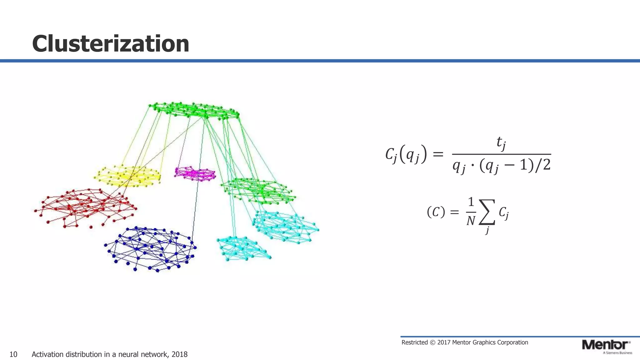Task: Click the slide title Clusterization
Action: tap(111, 44)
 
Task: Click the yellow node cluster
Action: tap(128, 177)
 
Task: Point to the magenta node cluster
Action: tap(195, 174)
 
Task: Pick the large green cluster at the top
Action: tap(194, 110)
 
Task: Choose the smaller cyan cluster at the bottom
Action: tap(242, 248)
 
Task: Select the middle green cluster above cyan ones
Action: tap(258, 191)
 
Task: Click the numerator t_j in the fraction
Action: tap(501, 143)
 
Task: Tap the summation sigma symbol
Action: tap(487, 212)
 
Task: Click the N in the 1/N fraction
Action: tap(471, 221)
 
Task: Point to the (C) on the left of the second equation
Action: tap(436, 212)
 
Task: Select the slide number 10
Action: tap(13, 354)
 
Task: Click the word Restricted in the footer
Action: tap(414, 342)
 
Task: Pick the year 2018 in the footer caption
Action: tap(179, 354)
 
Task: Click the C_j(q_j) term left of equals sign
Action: tap(406, 154)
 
